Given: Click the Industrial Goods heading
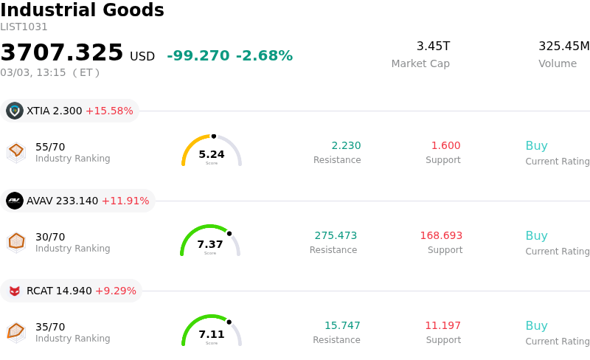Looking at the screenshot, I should [82, 10].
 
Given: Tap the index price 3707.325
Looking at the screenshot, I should [62, 53].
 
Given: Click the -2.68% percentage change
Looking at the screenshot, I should [264, 56].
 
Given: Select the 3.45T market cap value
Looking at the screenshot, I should [433, 46].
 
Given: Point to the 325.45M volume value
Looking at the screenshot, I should [563, 46].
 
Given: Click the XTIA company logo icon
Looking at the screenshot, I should [15, 111].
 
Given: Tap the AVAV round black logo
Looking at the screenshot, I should [15, 201].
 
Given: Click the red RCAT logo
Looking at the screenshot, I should [15, 291].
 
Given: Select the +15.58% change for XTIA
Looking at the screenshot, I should [109, 111].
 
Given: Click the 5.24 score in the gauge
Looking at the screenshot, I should [212, 154].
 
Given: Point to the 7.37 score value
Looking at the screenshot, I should [210, 244].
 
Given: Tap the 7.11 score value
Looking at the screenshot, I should [212, 334].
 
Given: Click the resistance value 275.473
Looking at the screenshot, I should [336, 236].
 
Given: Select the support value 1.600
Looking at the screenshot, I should [445, 146].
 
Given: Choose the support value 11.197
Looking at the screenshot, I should [442, 326].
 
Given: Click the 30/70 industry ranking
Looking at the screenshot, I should [50, 237].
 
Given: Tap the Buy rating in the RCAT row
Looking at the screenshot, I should [536, 326].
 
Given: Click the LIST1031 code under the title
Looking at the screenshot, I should [24, 27].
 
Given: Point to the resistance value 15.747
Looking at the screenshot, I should [342, 326].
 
